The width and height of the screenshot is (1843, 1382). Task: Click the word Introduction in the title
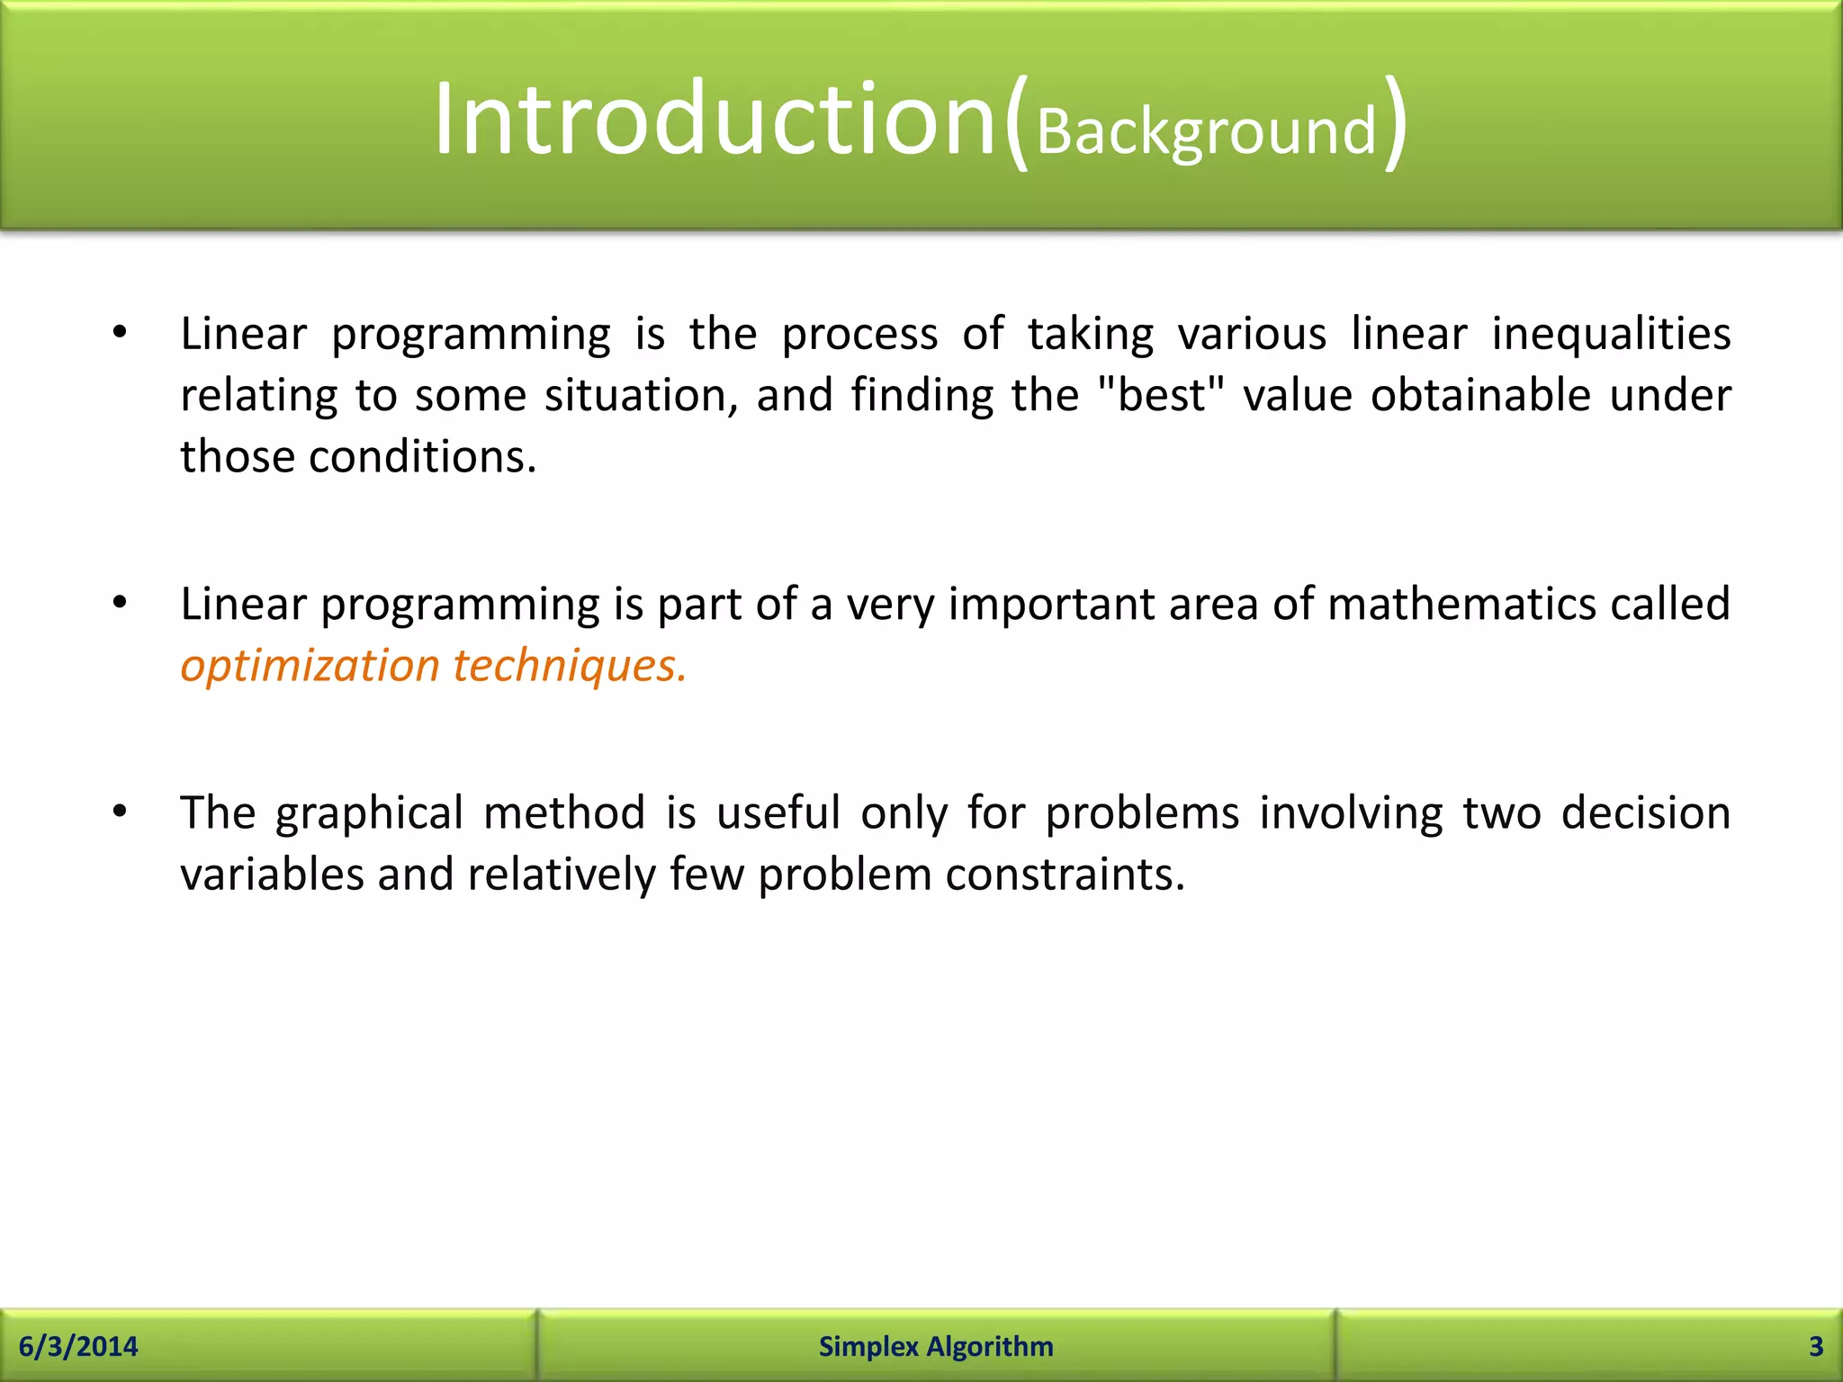(715, 120)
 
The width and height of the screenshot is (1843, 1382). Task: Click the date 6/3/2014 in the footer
(78, 1346)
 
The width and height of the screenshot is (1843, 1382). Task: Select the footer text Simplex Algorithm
(936, 1346)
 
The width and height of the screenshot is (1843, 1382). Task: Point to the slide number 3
(1815, 1346)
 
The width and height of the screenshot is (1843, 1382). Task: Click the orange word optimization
(310, 667)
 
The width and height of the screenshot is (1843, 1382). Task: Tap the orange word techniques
(569, 667)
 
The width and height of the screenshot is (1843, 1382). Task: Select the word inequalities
(1611, 335)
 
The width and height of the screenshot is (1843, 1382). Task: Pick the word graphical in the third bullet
(369, 814)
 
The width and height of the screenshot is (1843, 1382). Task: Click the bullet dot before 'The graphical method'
(120, 812)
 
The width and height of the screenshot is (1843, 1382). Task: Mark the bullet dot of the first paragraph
(120, 334)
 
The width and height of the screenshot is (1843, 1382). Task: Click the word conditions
(422, 456)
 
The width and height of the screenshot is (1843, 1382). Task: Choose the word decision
(1645, 812)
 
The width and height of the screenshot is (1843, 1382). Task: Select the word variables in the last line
(271, 875)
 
